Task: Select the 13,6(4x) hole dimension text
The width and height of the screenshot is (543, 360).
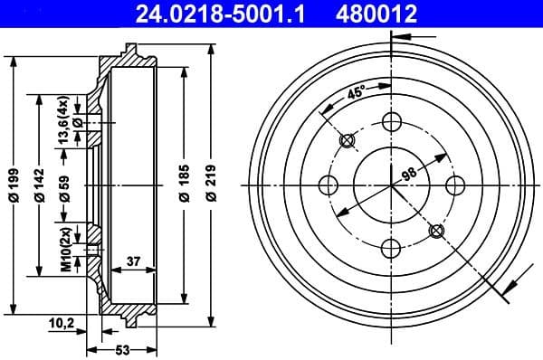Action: pyautogui.click(x=63, y=124)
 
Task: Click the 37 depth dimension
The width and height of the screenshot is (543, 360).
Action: pyautogui.click(x=132, y=261)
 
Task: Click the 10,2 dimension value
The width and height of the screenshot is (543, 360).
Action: pyautogui.click(x=62, y=321)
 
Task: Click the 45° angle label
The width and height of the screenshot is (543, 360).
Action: pyautogui.click(x=356, y=92)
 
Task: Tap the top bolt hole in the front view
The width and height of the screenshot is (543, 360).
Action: pyautogui.click(x=391, y=123)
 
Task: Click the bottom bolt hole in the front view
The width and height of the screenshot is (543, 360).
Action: pyautogui.click(x=391, y=248)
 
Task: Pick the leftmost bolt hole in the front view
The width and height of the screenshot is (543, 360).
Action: pyautogui.click(x=329, y=185)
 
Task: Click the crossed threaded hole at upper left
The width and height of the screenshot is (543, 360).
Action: pyautogui.click(x=347, y=141)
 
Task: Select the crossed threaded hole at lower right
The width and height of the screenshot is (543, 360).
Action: pyautogui.click(x=435, y=230)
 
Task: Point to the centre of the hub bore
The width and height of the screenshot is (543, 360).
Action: pyautogui.click(x=391, y=185)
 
